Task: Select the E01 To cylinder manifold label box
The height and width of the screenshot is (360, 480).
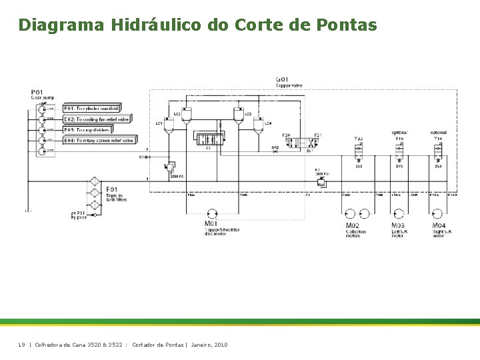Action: click(91, 108)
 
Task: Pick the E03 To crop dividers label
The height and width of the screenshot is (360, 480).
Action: click(87, 129)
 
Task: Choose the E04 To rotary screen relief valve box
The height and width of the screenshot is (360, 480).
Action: click(99, 140)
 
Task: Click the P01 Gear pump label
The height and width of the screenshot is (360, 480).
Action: click(37, 94)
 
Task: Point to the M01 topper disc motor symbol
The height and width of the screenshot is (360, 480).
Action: click(212, 213)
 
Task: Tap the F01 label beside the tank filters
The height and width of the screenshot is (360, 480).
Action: click(112, 190)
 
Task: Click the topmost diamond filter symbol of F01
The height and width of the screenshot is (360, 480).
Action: click(94, 182)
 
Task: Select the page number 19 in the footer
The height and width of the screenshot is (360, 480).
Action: click(21, 344)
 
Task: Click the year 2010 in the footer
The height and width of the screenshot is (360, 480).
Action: click(220, 344)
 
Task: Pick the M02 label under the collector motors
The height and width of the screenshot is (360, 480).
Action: click(352, 226)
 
